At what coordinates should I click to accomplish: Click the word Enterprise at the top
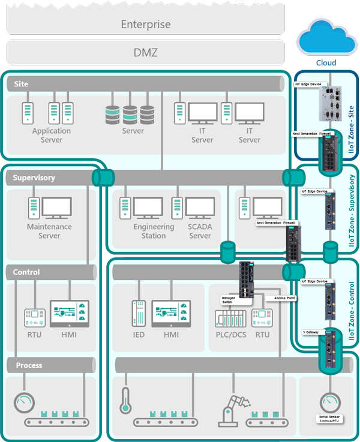(146, 25)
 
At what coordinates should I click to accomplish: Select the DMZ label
(146, 53)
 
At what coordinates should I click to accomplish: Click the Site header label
(21, 84)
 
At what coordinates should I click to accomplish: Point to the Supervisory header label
(34, 178)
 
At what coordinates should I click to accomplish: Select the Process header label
(29, 365)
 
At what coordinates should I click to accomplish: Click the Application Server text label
(52, 135)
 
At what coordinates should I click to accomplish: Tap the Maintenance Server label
(49, 231)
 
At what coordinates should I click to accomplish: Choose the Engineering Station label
(154, 231)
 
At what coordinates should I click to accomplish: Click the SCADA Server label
(200, 231)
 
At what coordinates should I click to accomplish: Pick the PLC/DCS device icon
(230, 317)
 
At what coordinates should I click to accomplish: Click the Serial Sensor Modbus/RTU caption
(328, 418)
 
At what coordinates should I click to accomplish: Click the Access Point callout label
(284, 297)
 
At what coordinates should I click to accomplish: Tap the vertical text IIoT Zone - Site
(352, 117)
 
